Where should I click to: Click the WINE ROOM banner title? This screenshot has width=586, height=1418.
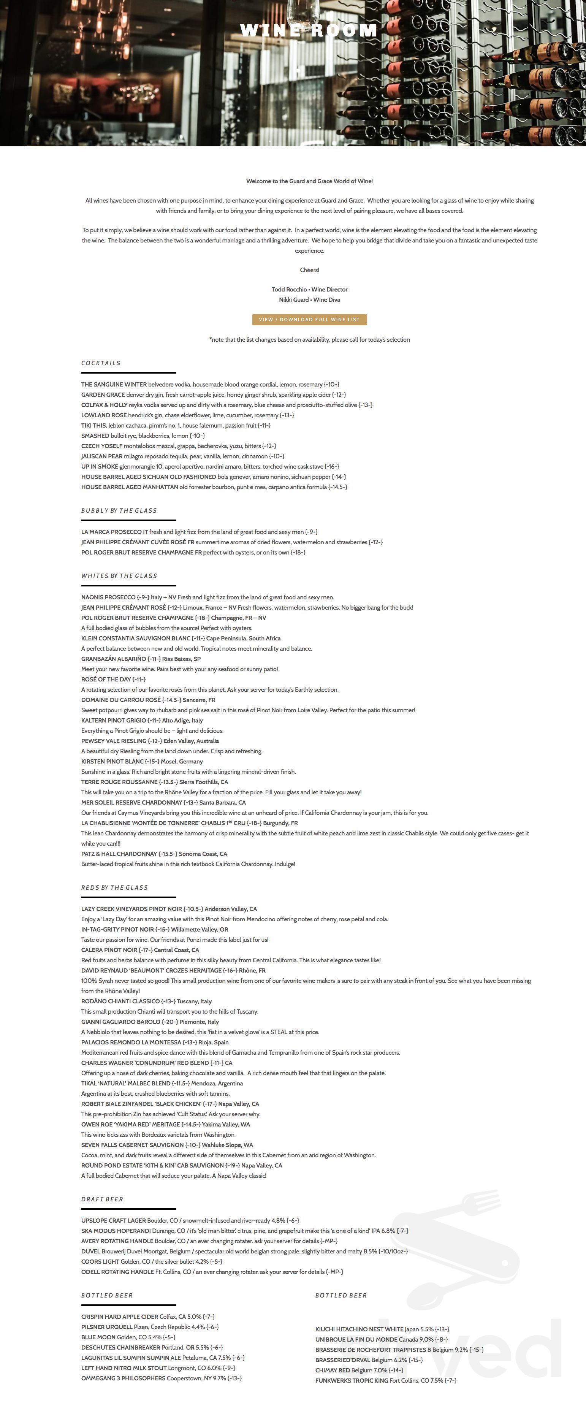click(x=309, y=31)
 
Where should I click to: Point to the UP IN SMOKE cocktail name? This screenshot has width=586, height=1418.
click(x=100, y=467)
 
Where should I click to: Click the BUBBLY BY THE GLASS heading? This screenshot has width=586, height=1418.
click(x=119, y=511)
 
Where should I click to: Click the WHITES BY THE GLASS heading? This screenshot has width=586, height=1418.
click(x=119, y=576)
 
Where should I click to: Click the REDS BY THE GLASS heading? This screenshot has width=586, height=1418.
click(x=114, y=888)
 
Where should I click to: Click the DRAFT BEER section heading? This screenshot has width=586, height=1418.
click(x=102, y=1199)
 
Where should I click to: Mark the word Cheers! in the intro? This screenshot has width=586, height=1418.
click(x=309, y=270)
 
